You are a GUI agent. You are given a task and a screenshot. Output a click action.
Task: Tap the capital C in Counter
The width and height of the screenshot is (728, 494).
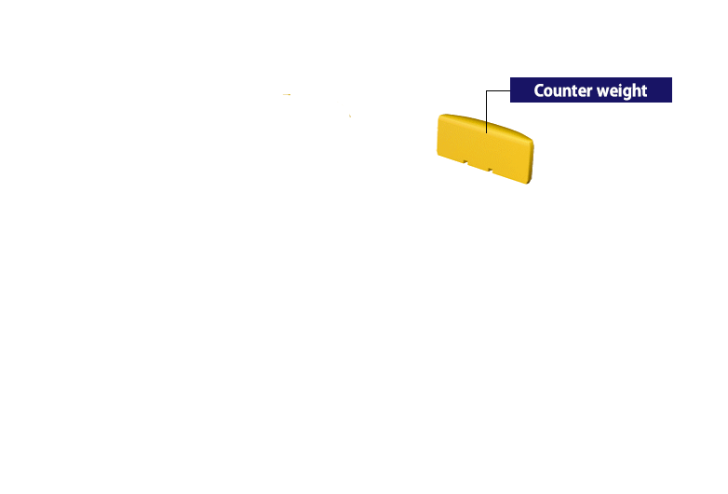[x=539, y=90]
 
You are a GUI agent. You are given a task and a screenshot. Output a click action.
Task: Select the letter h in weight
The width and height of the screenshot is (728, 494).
[x=636, y=89]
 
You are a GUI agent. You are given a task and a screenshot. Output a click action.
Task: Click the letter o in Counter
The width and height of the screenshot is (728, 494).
[x=548, y=92]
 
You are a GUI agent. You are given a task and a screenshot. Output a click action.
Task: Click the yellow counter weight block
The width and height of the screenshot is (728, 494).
[x=485, y=148]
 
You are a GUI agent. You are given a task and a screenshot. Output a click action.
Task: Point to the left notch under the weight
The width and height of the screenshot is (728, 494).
[x=465, y=162]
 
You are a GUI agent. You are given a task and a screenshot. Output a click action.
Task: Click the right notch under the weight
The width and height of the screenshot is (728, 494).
[x=491, y=170]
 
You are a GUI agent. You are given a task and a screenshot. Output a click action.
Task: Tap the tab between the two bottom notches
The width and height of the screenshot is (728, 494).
[x=478, y=166]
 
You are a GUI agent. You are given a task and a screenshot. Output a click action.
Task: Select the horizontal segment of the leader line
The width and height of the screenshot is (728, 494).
[x=498, y=90]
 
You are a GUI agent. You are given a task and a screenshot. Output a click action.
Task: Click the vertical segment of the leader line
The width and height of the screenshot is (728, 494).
[x=487, y=112]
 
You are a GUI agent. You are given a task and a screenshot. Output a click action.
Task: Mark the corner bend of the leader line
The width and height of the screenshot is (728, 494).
[x=487, y=90]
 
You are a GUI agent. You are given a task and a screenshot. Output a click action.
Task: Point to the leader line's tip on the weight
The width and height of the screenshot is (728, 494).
[x=487, y=133]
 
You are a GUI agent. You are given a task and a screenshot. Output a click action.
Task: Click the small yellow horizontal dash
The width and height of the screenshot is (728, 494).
[x=287, y=94]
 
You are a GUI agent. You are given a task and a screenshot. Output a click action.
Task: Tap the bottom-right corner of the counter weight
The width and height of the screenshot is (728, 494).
[x=529, y=183]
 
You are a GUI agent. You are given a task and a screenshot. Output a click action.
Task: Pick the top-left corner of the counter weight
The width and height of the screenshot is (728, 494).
[x=439, y=117]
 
